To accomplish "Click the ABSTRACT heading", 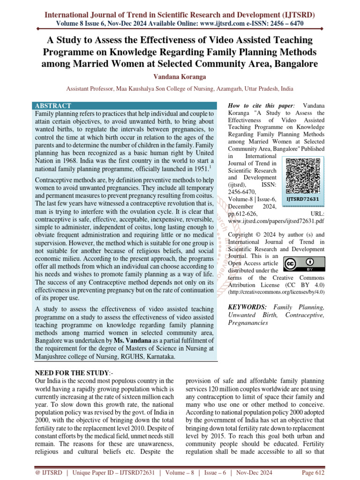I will (x=52, y=106).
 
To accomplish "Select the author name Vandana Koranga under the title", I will (x=180, y=76).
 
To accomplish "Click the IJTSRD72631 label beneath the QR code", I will (x=303, y=199).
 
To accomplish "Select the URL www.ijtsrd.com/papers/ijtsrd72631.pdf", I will (x=276, y=220).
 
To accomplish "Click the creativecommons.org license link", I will (x=276, y=292).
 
